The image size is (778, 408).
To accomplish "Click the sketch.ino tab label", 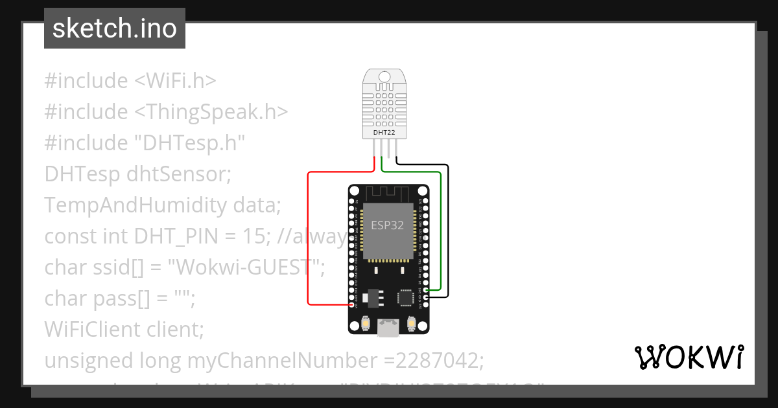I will (115, 28).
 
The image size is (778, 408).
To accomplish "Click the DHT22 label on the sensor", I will (384, 133).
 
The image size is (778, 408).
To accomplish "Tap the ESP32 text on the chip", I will (387, 225).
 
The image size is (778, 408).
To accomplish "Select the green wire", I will (441, 233).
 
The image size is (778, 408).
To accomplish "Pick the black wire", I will (448, 233).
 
